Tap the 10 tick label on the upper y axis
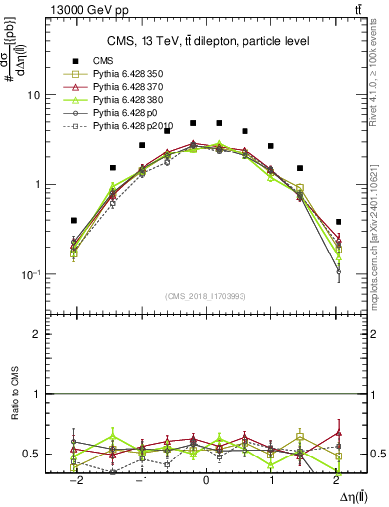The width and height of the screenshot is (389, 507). [x=33, y=96]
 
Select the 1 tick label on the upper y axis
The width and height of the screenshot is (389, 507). [x=36, y=185]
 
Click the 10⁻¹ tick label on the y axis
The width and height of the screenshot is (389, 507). [x=31, y=274]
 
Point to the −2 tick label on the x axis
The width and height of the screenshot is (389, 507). [x=74, y=478]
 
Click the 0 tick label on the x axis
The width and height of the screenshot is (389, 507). [x=206, y=478]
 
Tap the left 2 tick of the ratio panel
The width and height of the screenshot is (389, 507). [x=38, y=335]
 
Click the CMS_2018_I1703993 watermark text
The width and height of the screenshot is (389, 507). [x=206, y=296]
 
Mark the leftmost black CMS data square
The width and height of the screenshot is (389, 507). [x=74, y=220]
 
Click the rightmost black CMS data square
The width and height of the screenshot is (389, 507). [x=338, y=222]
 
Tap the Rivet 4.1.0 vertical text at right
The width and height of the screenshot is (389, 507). [x=380, y=79]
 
